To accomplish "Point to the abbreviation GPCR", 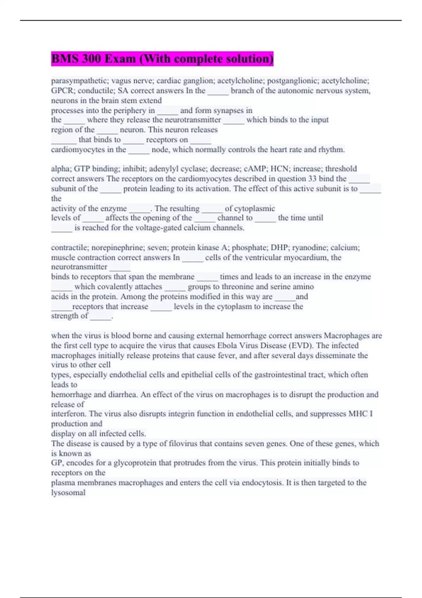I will click(x=63, y=91).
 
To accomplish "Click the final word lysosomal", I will click(x=68, y=492).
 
